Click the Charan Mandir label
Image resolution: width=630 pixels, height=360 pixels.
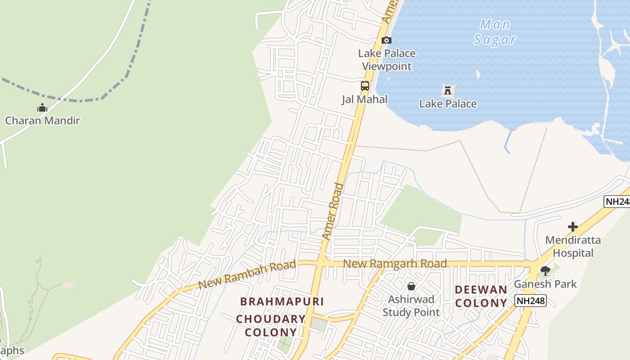[42, 121]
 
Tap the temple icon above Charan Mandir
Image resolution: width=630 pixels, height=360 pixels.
[42, 108]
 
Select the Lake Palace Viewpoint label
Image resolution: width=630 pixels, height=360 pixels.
[387, 60]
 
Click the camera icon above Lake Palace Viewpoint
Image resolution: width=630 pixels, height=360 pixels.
[386, 40]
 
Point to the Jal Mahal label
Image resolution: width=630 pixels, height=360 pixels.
[364, 99]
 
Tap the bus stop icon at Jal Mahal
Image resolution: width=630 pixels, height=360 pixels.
[365, 85]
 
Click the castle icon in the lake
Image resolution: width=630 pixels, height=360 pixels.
[447, 90]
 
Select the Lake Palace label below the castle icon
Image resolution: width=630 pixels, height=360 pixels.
[448, 104]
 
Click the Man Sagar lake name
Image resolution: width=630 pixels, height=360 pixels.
[495, 31]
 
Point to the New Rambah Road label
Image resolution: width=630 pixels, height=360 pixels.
[247, 275]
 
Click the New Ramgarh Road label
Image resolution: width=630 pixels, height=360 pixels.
[395, 264]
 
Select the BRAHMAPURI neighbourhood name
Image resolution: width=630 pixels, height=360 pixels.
[282, 301]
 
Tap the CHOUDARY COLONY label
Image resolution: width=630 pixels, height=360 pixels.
[271, 326]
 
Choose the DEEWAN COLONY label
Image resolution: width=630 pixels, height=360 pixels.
[481, 296]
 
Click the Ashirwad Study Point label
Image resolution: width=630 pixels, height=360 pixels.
[411, 306]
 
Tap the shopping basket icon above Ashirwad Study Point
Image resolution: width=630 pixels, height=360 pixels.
[411, 286]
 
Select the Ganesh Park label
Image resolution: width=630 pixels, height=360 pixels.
[545, 284]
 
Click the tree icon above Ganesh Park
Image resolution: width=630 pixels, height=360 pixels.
[545, 271]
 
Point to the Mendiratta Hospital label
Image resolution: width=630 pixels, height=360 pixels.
[573, 247]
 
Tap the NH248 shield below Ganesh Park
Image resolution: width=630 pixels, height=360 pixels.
[531, 301]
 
